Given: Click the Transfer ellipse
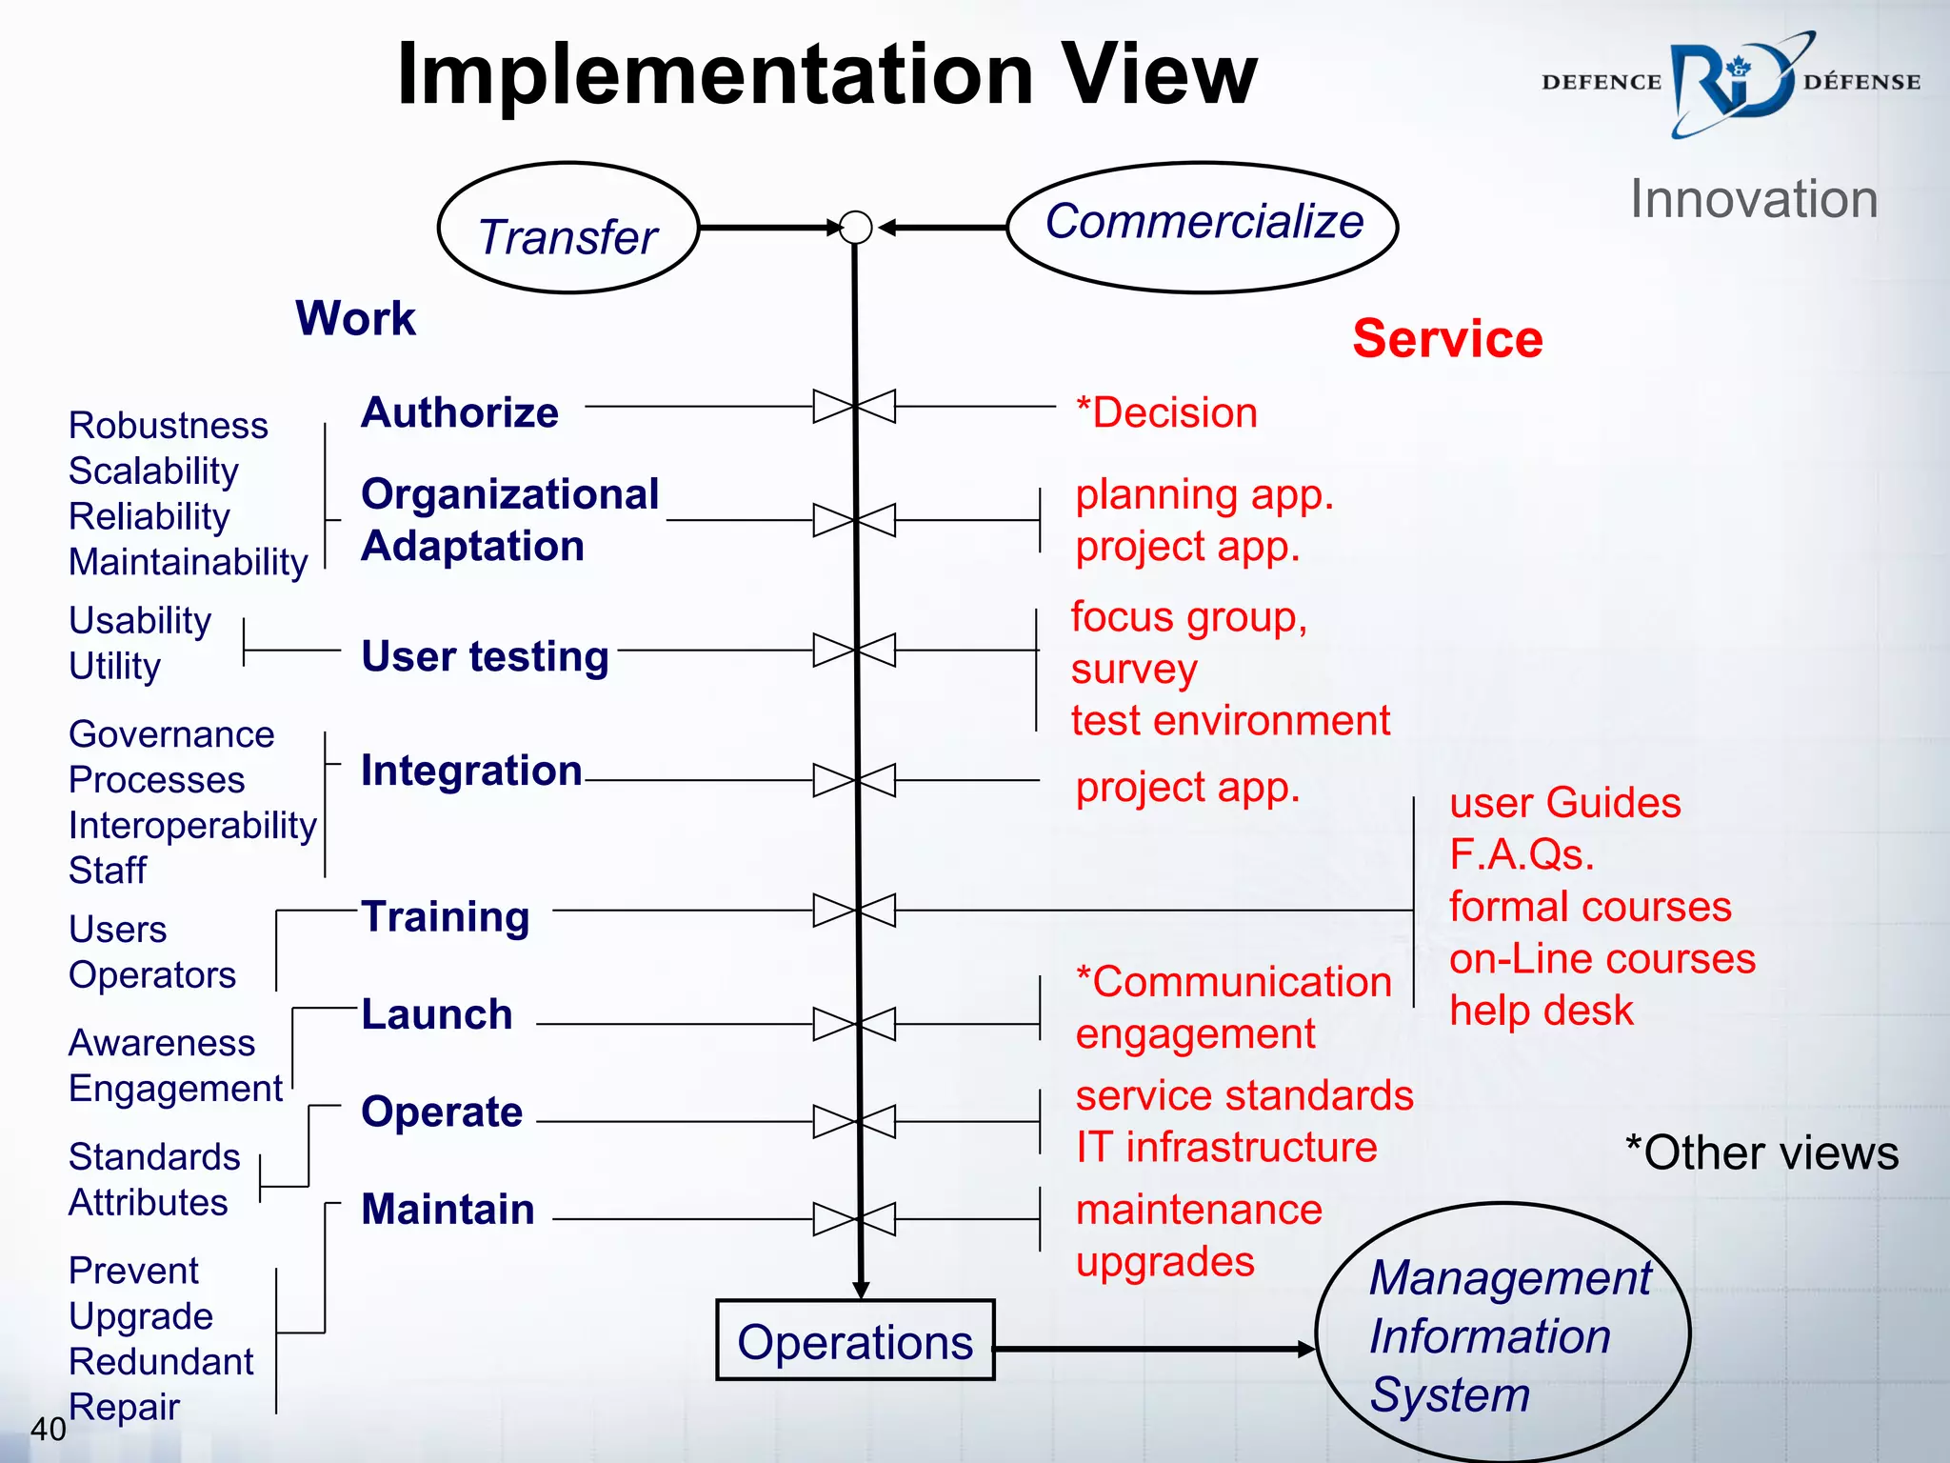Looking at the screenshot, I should point(568,228).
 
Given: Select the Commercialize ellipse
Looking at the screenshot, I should point(1203,227).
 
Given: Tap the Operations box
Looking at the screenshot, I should point(855,1340).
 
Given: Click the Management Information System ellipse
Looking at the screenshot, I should point(1502,1333).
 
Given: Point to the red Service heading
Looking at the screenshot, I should point(1447,339).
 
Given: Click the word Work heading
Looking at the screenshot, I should point(355,318).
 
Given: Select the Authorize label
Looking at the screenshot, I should point(460,412).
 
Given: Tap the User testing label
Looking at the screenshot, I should point(485,656).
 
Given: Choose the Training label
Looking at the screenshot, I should point(445,916).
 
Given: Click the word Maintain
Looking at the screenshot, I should point(448,1210).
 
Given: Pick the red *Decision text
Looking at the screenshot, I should point(1166,413).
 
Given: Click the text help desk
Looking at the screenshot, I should point(1541,1011).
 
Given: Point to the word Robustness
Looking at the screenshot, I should point(169,426).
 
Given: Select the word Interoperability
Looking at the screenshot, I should point(192,826).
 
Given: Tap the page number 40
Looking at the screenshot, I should point(49,1429).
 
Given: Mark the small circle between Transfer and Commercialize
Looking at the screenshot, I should point(856,228).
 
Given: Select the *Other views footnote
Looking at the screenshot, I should point(1761,1153).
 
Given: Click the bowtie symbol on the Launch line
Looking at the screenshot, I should point(855,1025).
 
